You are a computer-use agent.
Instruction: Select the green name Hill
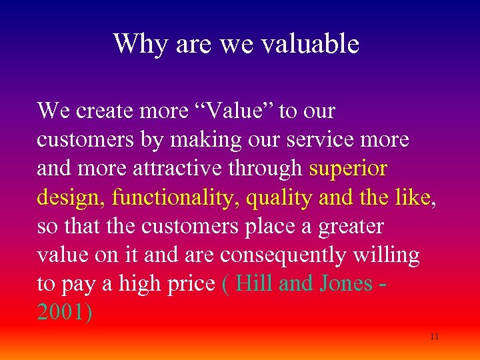[x=254, y=283]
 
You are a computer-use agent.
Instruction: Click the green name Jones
[x=345, y=283]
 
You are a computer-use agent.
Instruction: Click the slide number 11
[x=434, y=337]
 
